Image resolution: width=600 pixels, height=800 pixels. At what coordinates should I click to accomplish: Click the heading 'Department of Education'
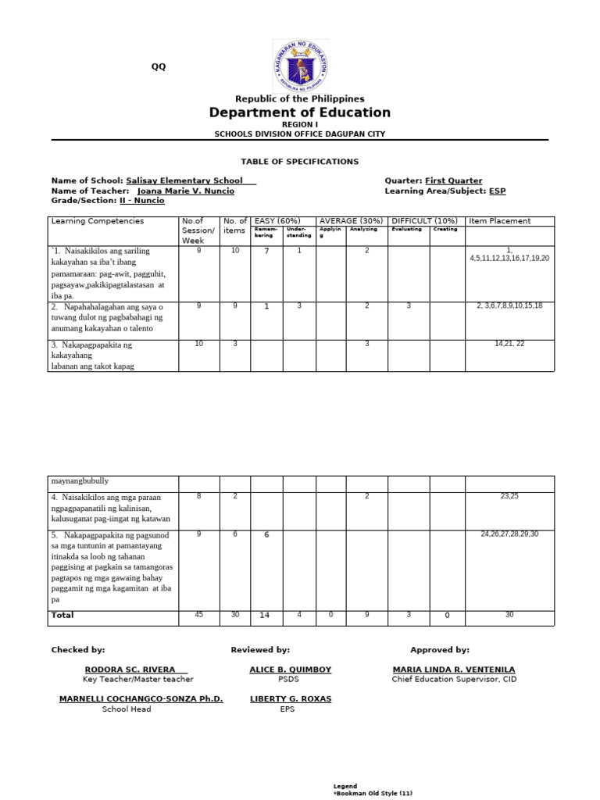(x=300, y=113)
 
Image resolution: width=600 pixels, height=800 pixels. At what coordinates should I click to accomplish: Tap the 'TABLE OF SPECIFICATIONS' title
(x=300, y=162)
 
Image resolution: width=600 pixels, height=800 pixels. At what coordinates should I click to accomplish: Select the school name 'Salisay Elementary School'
(x=189, y=180)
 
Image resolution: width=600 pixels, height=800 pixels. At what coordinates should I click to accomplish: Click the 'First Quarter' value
(x=453, y=180)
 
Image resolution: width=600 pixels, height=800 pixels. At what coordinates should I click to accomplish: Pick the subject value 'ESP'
(x=497, y=191)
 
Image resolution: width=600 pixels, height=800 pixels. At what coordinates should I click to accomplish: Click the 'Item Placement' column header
(x=499, y=221)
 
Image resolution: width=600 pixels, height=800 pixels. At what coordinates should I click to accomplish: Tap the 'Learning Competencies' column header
(x=98, y=221)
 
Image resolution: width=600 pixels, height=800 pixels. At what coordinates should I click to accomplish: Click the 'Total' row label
(x=62, y=616)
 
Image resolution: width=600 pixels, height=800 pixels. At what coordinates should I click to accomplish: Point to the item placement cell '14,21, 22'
(x=509, y=344)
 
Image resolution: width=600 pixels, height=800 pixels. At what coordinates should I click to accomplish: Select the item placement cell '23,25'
(x=509, y=496)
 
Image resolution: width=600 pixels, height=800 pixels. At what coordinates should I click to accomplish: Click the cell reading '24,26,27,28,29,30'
(x=509, y=534)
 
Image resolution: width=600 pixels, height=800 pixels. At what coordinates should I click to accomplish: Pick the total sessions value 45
(x=198, y=616)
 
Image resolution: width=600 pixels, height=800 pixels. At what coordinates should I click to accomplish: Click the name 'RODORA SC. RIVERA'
(x=136, y=670)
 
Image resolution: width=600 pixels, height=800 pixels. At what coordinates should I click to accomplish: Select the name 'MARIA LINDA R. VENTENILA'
(x=453, y=670)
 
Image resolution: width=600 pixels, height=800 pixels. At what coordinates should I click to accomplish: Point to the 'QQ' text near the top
(x=159, y=66)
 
